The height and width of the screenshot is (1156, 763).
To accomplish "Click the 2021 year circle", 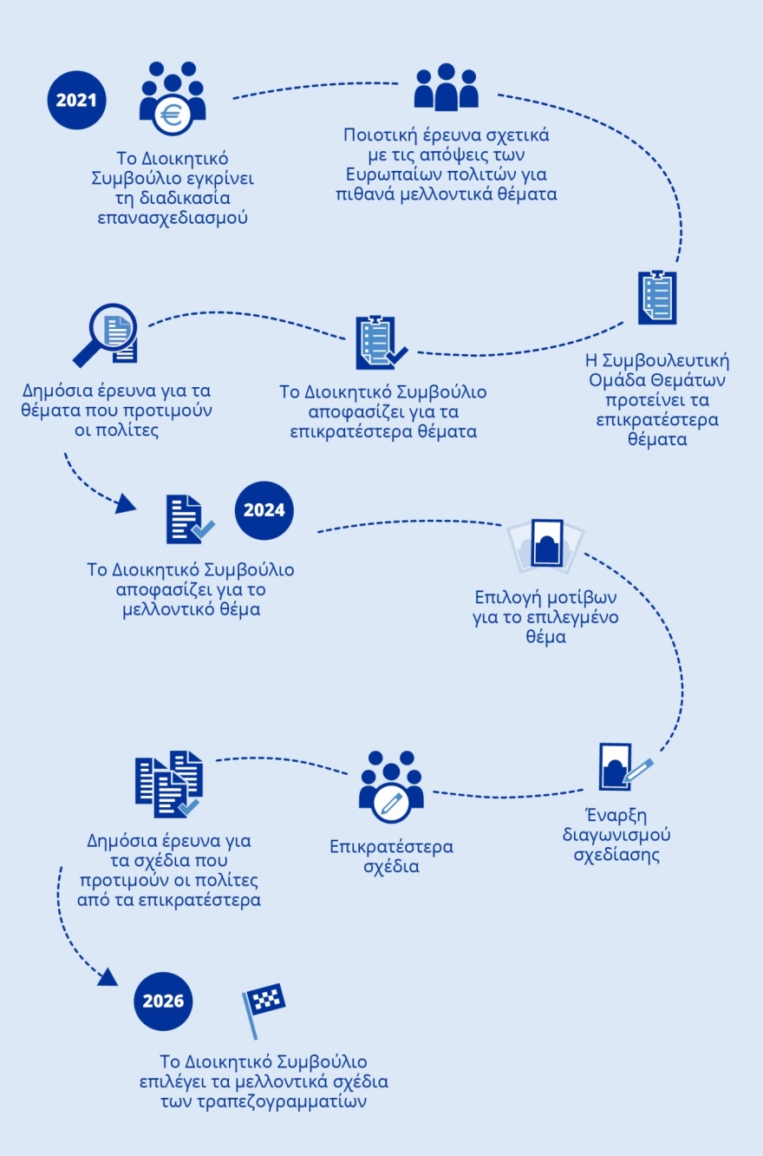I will click(76, 100).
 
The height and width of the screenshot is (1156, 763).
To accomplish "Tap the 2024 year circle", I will click(264, 510).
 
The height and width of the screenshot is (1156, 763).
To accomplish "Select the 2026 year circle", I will click(163, 1002).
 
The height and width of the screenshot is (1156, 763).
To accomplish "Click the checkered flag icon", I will click(263, 1007).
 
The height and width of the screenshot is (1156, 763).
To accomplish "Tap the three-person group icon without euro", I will click(446, 88).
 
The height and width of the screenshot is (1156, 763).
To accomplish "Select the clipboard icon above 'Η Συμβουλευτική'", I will click(657, 298).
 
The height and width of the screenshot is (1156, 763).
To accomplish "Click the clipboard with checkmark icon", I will click(380, 343).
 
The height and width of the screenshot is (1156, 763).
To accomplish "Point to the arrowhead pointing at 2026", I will click(108, 978).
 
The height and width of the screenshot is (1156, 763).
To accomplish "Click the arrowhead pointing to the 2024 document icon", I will click(127, 503).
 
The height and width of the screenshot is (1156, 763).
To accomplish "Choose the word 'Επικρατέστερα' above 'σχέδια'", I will click(391, 847).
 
